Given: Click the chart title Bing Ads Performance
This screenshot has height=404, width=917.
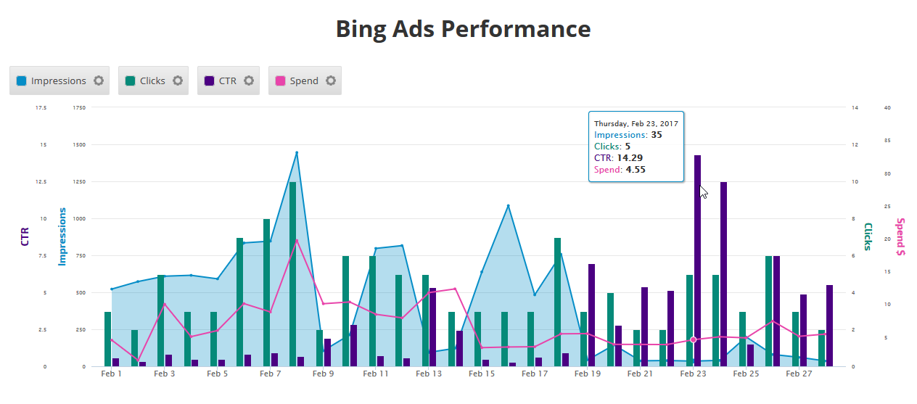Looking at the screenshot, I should [463, 29].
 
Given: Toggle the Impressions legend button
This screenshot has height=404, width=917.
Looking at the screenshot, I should [51, 81].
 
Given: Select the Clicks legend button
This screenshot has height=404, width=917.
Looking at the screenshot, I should [145, 81].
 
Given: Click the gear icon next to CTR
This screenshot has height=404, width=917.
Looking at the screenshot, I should [249, 81].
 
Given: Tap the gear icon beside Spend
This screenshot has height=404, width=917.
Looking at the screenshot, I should [331, 81].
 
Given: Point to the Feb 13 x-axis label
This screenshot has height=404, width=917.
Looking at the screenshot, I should [429, 374].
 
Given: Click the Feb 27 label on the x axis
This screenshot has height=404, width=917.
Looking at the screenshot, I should [799, 374].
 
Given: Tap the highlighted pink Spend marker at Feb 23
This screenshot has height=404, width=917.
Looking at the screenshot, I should [693, 339].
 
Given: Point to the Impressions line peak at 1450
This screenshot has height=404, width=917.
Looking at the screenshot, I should [297, 153].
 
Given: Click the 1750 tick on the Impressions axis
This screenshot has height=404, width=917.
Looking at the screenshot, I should [79, 107].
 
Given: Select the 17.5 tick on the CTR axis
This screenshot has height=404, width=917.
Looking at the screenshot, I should [41, 107].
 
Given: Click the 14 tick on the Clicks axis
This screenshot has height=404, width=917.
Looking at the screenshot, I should [855, 107].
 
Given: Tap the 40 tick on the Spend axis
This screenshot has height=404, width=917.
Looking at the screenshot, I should [887, 107].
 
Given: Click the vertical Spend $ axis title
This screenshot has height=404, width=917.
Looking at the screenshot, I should [900, 237].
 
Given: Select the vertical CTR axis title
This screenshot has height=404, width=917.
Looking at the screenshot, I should [25, 236].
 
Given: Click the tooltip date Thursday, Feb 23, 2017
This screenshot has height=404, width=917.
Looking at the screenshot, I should [635, 123].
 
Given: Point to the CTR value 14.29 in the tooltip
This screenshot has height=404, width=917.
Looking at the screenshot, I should [630, 157].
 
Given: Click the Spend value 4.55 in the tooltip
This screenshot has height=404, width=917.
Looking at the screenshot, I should [636, 170].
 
